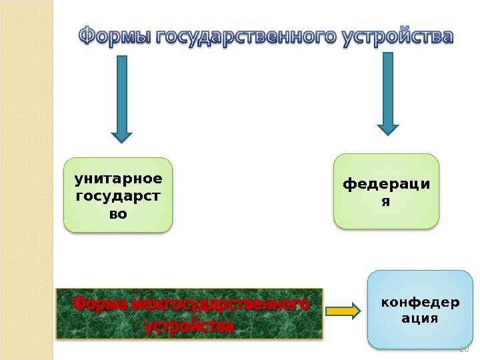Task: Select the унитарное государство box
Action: [x=118, y=195]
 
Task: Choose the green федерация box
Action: [x=386, y=191]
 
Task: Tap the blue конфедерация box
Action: [x=419, y=309]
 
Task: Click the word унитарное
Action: [x=118, y=179]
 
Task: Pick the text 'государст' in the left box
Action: [x=118, y=197]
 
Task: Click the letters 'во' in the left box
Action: [x=118, y=215]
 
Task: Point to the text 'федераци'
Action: [x=386, y=183]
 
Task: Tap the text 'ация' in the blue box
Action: [x=419, y=319]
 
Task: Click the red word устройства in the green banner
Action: [x=189, y=327]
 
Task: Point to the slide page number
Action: [x=465, y=349]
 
